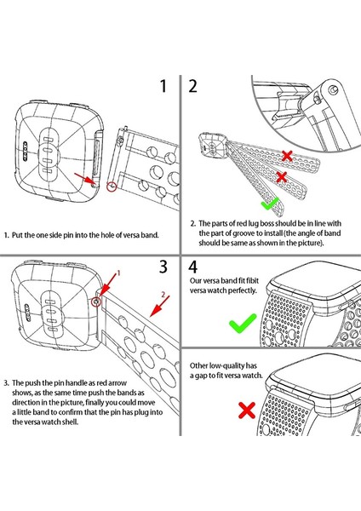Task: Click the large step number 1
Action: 163,86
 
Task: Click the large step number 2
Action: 193,86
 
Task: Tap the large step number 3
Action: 163,267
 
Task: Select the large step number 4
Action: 193,267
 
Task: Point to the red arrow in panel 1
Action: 85,179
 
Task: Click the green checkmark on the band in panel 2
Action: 271,204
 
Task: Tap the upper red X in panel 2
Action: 287,156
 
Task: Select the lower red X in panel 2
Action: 282,177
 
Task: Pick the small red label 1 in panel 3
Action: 118,273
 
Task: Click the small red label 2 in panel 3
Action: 163,296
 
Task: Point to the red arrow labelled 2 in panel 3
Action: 160,306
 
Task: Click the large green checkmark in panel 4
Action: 243,324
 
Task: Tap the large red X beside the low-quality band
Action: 247,411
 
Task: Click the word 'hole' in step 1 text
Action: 107,235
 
